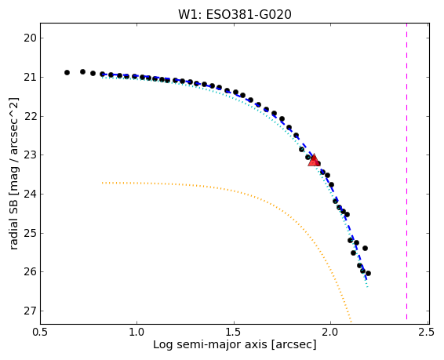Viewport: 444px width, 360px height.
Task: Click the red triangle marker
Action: [x=314, y=161]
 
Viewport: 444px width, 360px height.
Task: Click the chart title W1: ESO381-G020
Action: [x=235, y=15]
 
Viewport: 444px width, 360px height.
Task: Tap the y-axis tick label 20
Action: [x=30, y=38]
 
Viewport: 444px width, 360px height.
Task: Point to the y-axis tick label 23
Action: [x=30, y=155]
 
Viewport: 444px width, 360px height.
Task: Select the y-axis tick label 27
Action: [x=30, y=311]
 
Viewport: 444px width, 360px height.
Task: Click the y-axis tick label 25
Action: [x=30, y=233]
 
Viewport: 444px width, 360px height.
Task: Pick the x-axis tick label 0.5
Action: [x=41, y=332]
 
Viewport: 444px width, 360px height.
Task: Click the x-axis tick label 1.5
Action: [x=235, y=332]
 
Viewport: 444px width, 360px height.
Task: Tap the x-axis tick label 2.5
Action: [x=426, y=332]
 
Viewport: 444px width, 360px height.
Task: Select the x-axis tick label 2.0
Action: [x=330, y=332]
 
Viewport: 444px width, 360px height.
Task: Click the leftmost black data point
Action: [x=67, y=73]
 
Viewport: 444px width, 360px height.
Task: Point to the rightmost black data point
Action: [x=368, y=274]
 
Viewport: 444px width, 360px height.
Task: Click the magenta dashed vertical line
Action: [x=406, y=172]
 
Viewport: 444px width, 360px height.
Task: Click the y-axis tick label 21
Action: [x=30, y=77]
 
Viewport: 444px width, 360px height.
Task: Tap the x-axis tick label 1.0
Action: [x=137, y=332]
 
